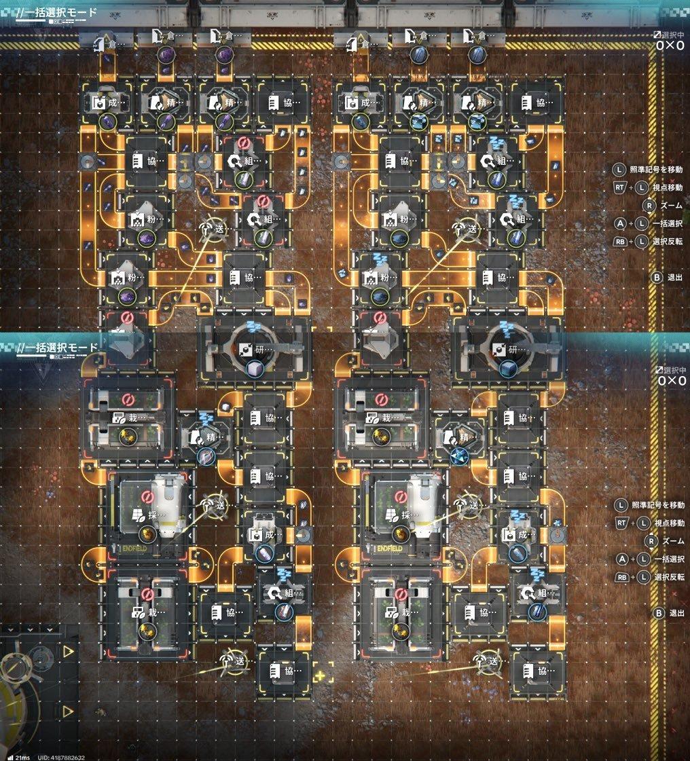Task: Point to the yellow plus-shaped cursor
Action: [x=320, y=675]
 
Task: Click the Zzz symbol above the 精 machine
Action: [x=206, y=415]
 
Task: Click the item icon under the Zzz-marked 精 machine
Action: [x=204, y=456]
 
